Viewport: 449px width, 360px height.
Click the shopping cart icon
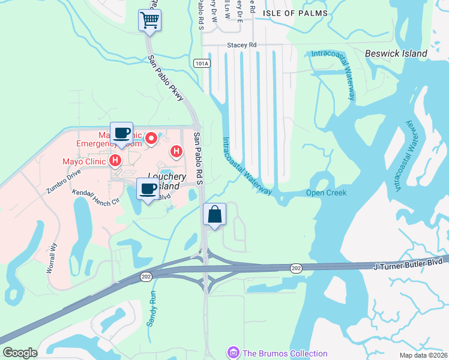tap(149, 20)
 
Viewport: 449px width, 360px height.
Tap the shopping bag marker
tap(215, 214)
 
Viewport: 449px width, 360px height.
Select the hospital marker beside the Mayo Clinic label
tap(116, 161)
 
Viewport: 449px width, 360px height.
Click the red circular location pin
tap(151, 139)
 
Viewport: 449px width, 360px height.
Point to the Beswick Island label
tap(396, 53)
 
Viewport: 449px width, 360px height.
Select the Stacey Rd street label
tap(241, 44)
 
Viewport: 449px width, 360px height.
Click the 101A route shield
tap(202, 62)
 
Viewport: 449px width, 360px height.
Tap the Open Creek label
tap(327, 193)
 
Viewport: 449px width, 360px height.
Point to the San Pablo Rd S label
tap(198, 159)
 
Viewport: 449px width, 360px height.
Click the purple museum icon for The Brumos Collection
tap(232, 353)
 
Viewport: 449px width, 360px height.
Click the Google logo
tap(20, 353)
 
